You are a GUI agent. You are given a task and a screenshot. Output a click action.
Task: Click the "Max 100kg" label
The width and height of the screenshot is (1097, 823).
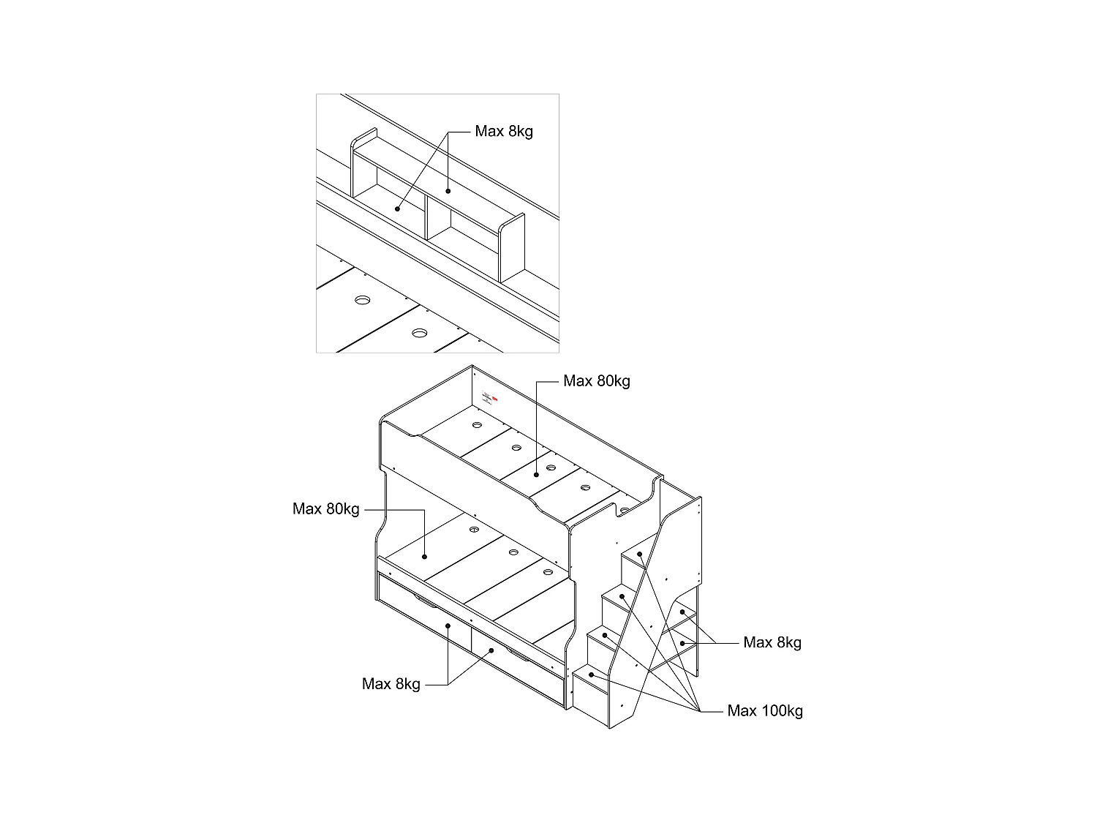[764, 711]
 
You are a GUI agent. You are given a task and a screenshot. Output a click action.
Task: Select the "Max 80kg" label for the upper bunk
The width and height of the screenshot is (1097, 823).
[596, 381]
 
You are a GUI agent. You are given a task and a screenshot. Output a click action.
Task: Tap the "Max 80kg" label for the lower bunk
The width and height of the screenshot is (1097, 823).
[325, 509]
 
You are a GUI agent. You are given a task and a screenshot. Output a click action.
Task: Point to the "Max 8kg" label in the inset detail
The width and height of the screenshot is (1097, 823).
[504, 132]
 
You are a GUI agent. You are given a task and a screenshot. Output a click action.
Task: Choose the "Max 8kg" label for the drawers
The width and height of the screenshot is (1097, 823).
[391, 684]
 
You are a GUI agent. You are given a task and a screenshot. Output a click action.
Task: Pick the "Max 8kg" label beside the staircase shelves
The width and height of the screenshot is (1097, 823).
[772, 643]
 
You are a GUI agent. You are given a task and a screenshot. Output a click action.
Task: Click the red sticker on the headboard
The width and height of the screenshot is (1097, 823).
[494, 399]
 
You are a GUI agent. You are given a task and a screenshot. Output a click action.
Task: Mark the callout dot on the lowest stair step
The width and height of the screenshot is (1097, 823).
[591, 674]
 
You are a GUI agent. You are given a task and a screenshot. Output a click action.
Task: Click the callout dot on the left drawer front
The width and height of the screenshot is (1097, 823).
[448, 626]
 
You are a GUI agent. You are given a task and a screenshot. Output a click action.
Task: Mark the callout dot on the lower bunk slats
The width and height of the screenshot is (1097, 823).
[425, 557]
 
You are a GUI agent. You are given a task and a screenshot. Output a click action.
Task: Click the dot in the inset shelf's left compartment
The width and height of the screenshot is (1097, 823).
[397, 208]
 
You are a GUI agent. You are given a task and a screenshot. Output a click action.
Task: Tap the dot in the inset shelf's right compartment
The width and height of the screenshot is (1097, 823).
[448, 192]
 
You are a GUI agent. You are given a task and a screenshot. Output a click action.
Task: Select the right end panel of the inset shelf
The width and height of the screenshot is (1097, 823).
[512, 249]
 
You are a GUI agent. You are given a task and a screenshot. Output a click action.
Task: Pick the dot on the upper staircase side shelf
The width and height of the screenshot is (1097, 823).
[682, 612]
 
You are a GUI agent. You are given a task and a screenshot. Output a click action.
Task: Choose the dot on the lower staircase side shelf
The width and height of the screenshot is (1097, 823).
[682, 643]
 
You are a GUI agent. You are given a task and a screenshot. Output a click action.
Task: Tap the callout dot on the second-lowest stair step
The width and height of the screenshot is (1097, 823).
[606, 636]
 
